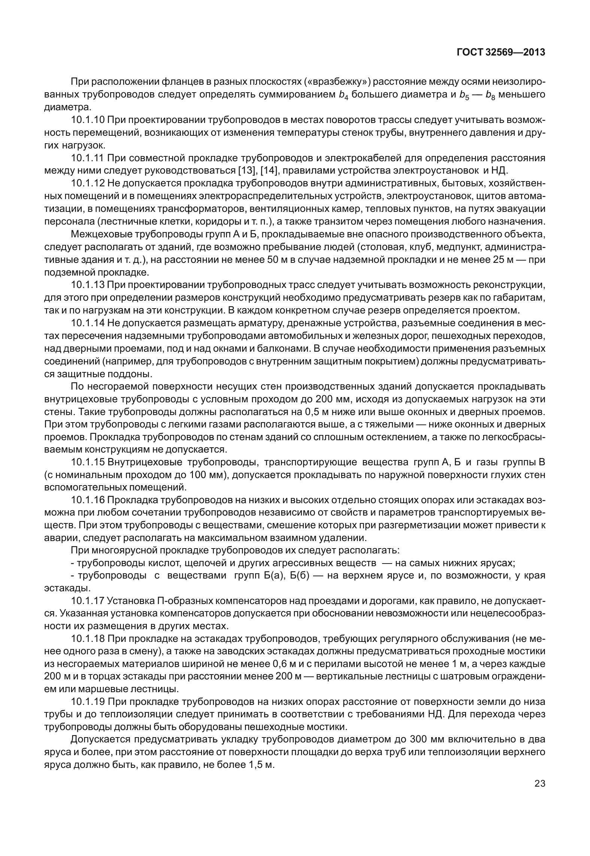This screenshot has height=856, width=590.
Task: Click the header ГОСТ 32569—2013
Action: point(501,52)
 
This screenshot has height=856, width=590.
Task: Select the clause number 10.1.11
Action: point(88,158)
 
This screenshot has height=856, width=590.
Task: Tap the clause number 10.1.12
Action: point(88,183)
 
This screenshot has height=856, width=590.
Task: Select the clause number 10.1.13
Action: point(88,285)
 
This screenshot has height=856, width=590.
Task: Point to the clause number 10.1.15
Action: point(88,462)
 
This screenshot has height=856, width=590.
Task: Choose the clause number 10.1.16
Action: point(88,500)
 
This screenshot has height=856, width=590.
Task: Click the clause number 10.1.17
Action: point(88,601)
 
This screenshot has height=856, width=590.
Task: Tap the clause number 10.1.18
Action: point(88,639)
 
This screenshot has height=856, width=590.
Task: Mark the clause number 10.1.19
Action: point(88,703)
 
